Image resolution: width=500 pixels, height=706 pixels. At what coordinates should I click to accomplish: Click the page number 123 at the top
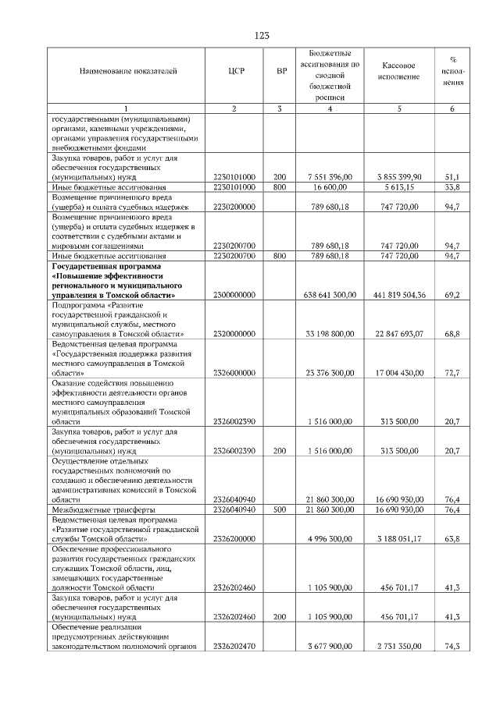point(262,36)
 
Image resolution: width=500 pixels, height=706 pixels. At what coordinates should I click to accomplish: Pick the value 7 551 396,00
point(331,177)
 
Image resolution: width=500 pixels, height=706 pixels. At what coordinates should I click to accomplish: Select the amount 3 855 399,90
point(400,177)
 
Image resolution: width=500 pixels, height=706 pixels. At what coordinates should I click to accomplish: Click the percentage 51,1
point(452,177)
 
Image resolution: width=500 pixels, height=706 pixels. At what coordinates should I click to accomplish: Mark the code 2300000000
point(234,296)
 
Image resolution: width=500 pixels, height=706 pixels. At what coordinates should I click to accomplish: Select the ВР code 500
point(281,509)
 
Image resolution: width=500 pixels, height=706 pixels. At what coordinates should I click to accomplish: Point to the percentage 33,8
point(452,187)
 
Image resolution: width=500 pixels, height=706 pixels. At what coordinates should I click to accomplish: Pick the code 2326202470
point(234,647)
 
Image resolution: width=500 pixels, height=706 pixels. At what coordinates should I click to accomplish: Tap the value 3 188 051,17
point(400,539)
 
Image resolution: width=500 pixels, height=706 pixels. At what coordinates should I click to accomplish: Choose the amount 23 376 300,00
point(330,373)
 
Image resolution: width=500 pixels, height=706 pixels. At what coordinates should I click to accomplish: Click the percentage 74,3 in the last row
point(452,647)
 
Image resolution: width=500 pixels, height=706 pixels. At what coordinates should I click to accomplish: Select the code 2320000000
point(234,334)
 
